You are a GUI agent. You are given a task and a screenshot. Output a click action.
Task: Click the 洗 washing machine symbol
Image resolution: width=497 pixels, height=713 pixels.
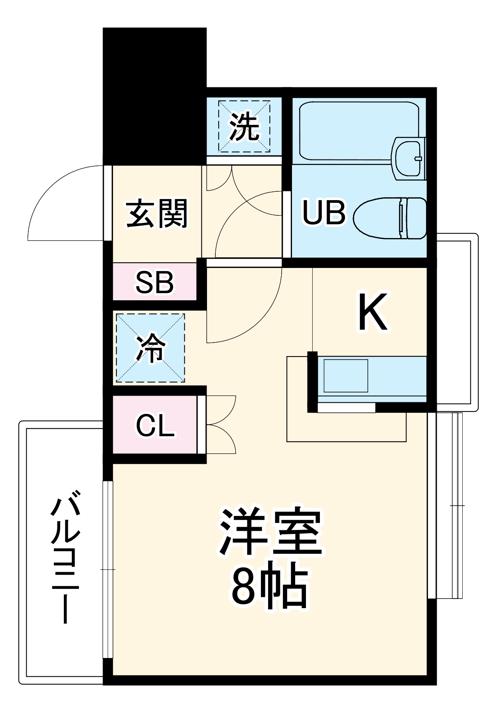(244, 126)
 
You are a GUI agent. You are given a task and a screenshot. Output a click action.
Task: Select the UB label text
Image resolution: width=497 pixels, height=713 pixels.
(324, 212)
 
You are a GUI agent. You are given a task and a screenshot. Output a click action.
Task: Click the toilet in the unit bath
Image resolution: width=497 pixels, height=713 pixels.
(390, 218)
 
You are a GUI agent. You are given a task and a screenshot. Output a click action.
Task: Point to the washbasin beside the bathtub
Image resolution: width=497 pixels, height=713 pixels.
(408, 158)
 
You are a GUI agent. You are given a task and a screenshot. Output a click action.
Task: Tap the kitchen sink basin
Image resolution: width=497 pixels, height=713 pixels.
(346, 376)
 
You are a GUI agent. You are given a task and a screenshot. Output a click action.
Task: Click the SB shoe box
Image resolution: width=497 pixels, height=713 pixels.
(155, 282)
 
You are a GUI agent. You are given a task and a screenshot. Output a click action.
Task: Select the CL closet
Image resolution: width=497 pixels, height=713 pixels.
(155, 425)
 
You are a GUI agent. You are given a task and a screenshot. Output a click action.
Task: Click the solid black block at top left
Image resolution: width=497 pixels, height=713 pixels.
(155, 96)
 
